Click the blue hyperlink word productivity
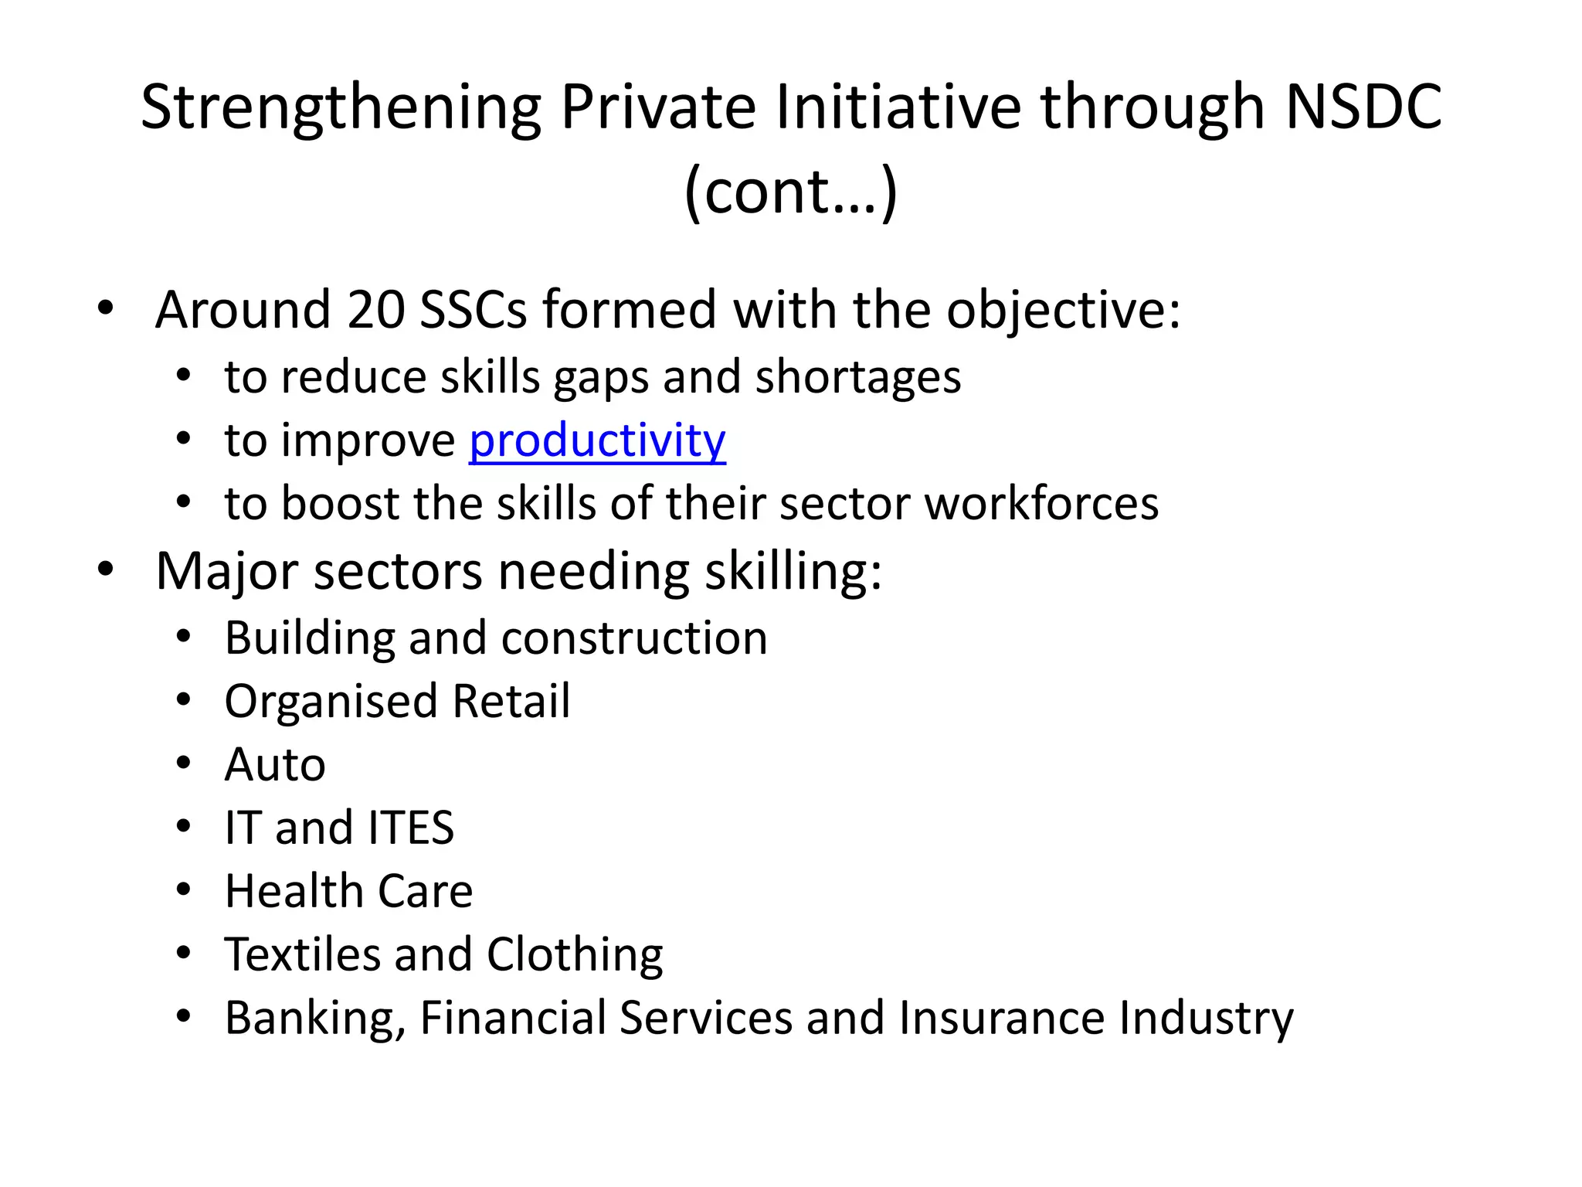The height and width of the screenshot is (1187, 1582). click(597, 441)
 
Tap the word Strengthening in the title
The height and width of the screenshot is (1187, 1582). click(341, 108)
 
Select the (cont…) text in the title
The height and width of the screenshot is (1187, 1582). click(791, 192)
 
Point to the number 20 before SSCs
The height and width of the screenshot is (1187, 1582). click(376, 310)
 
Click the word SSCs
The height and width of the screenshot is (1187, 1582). click(473, 310)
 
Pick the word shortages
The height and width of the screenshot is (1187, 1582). click(858, 378)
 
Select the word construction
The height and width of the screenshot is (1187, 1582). click(634, 638)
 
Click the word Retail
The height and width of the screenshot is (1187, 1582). click(511, 702)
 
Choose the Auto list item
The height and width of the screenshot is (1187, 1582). click(275, 765)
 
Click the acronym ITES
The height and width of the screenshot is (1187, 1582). click(411, 828)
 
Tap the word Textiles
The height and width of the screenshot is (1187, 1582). click(302, 954)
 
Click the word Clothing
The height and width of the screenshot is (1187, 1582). click(575, 956)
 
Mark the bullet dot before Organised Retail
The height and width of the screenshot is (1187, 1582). click(183, 700)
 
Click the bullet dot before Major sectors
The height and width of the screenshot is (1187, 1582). click(106, 570)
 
